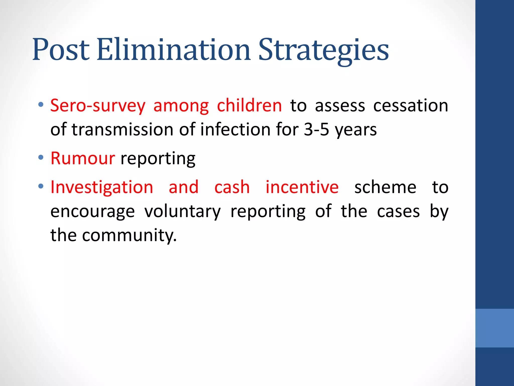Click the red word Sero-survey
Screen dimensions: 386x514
pyautogui.click(x=98, y=106)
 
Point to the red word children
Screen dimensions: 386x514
pyautogui.click(x=249, y=106)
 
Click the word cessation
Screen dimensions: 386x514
pyautogui.click(x=410, y=106)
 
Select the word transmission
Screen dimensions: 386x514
pyautogui.click(x=122, y=130)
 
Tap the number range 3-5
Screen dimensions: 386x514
pyautogui.click(x=316, y=130)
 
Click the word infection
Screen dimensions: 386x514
pyautogui.click(x=235, y=130)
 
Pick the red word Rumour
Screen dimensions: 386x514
pyautogui.click(x=83, y=159)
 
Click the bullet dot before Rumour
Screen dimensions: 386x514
pyautogui.click(x=41, y=158)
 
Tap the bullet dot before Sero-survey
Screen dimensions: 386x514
pyautogui.click(x=41, y=105)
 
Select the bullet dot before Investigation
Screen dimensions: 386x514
pyautogui.click(x=41, y=186)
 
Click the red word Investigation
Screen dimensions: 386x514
pyautogui.click(x=102, y=187)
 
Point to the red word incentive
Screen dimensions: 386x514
pyautogui.click(x=302, y=187)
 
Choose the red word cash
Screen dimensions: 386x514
pyautogui.click(x=232, y=187)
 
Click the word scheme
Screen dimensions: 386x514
pyautogui.click(x=385, y=187)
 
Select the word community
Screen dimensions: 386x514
pyautogui.click(x=129, y=236)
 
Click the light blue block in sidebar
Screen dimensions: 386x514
pyautogui.click(x=494, y=328)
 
